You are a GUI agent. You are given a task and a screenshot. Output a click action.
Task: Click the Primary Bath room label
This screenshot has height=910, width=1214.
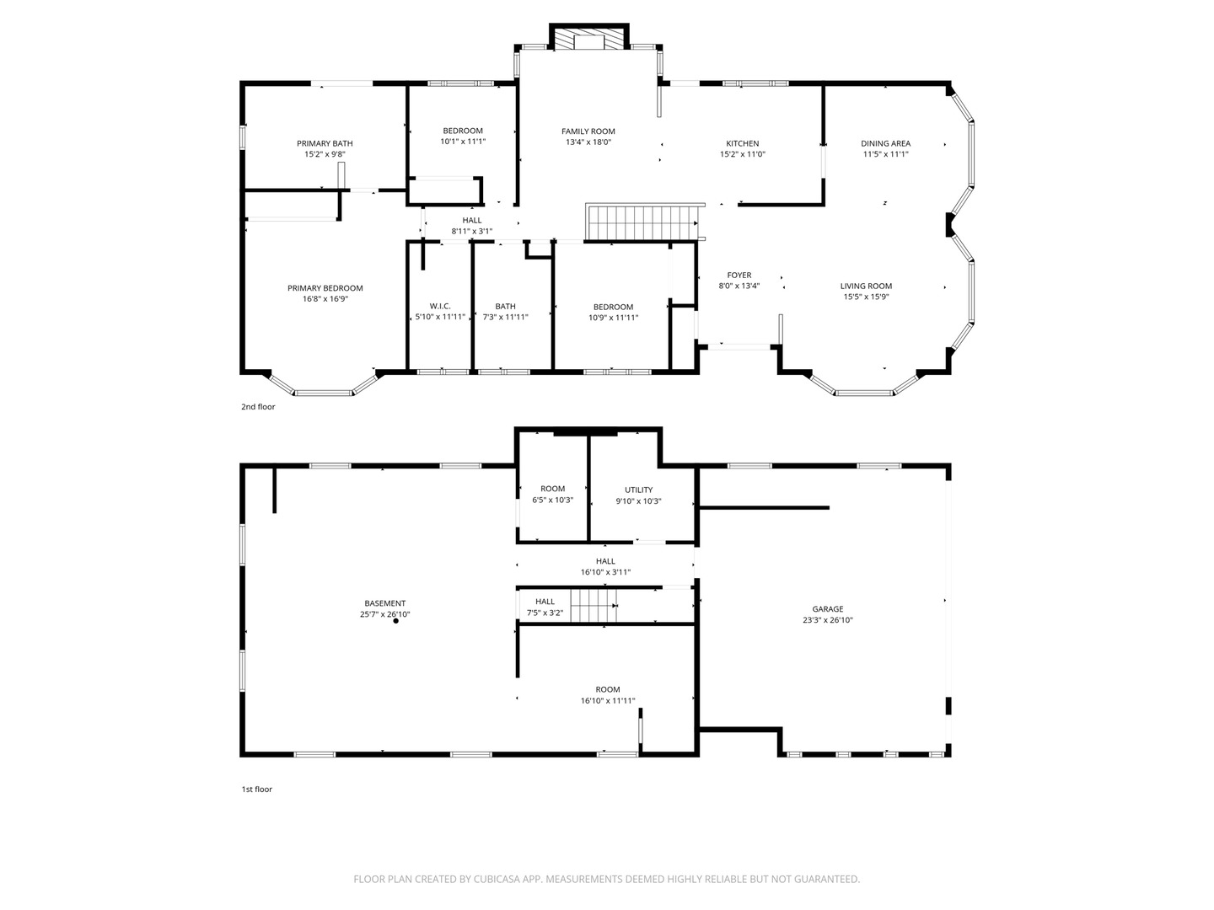[325, 143]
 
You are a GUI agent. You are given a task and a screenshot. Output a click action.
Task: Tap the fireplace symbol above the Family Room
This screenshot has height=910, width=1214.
[589, 38]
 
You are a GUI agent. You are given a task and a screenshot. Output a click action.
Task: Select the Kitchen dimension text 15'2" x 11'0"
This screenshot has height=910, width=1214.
[742, 155]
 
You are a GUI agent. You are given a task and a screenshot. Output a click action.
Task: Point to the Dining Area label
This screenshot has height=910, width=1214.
[885, 143]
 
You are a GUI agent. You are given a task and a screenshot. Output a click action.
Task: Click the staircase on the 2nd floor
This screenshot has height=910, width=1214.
[642, 222]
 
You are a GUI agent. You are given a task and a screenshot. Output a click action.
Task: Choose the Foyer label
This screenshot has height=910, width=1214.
[739, 276]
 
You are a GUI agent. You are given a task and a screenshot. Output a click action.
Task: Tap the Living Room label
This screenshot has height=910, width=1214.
[866, 286]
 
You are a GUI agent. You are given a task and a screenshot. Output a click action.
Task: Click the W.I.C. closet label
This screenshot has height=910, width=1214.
[440, 306]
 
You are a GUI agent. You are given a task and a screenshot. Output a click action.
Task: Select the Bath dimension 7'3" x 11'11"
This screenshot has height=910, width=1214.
[506, 317]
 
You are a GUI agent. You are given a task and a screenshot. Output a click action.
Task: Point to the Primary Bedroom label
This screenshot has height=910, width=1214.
[325, 288]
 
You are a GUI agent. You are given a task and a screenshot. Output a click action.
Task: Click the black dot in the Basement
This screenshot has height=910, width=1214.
[396, 621]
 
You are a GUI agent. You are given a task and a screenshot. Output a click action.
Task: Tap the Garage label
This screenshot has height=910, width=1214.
[828, 609]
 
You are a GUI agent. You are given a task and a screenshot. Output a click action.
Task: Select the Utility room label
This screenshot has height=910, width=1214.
[639, 490]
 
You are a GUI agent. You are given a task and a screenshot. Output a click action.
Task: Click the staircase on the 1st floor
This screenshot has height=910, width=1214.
[594, 606]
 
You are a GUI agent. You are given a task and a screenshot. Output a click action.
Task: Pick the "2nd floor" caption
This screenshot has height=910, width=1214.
[258, 407]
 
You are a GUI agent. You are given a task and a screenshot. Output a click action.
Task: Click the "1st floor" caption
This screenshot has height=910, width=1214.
[256, 789]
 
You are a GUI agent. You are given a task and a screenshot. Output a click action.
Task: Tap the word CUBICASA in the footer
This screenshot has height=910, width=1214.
[497, 879]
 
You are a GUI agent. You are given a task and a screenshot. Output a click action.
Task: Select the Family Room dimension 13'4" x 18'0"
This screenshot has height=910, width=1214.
[588, 142]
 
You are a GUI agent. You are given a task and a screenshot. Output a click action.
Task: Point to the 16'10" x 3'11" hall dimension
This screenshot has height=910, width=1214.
[605, 572]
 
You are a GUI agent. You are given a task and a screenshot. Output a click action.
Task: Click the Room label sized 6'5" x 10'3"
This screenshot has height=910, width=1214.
[552, 489]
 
